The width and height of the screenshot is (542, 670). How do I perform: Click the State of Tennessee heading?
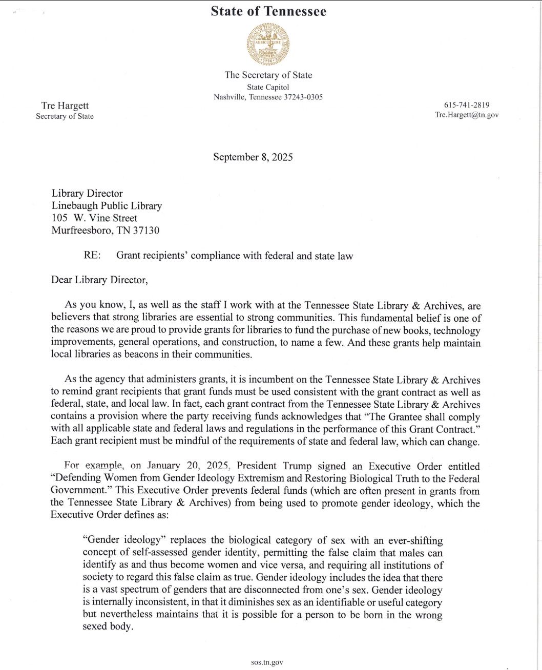pos(268,11)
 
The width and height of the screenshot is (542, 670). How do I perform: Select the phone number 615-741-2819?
pos(466,104)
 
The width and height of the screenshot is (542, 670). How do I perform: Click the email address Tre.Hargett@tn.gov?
pos(466,115)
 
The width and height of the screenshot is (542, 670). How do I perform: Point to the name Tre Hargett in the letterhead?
pos(65,106)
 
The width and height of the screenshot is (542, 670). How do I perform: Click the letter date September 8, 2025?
pos(253,157)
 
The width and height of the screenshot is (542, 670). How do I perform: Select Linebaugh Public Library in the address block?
pos(107,205)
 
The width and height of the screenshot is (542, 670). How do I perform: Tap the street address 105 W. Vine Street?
pos(94,218)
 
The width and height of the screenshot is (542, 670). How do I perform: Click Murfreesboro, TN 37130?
pos(105,230)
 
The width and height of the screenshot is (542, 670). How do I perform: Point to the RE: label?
pos(92,255)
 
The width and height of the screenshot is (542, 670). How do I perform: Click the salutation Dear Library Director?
pos(99,280)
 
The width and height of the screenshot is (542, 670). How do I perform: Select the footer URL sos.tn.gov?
pos(267,662)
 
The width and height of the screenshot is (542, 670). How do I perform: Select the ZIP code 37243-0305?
pos(303,97)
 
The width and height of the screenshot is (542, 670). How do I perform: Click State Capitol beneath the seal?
pos(268,87)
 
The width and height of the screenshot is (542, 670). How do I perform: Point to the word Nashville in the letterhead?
pos(230,97)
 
